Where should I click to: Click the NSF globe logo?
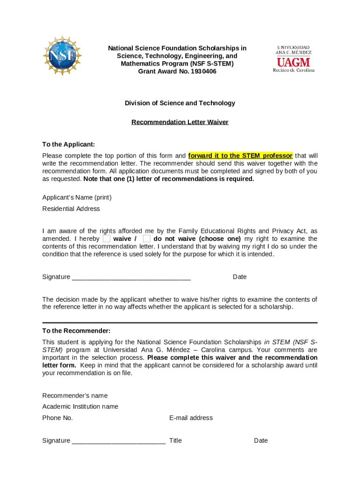click(x=62, y=55)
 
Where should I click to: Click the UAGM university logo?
click(x=294, y=58)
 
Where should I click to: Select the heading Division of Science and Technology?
click(x=180, y=103)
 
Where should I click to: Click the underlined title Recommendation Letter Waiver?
click(x=180, y=122)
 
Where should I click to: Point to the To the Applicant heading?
click(x=69, y=144)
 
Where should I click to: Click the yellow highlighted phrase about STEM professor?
click(x=240, y=155)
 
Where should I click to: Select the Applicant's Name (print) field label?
click(x=77, y=197)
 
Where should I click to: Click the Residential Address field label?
click(x=71, y=209)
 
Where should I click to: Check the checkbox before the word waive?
click(x=107, y=239)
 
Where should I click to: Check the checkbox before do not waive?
click(x=146, y=239)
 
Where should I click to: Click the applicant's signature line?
click(x=131, y=277)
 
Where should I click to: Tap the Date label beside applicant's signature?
click(x=239, y=277)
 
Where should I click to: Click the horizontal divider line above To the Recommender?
click(x=180, y=322)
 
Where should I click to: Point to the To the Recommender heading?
click(x=76, y=331)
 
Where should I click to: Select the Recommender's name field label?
click(x=75, y=395)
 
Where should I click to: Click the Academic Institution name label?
click(x=80, y=406)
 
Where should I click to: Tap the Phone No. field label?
click(x=58, y=418)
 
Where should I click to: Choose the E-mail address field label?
click(x=191, y=418)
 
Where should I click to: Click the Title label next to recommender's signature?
click(x=175, y=440)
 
